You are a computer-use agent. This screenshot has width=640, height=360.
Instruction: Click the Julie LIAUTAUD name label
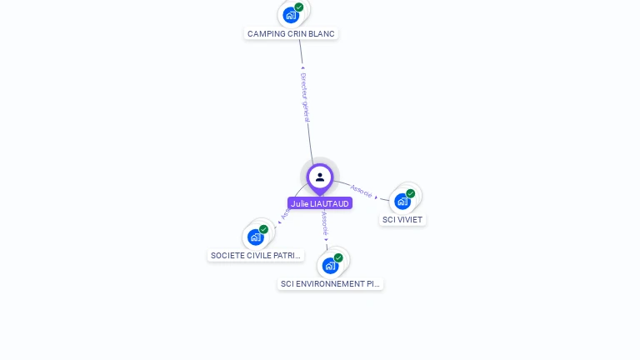[x=320, y=203]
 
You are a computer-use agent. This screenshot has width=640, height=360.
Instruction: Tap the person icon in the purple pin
[x=320, y=177]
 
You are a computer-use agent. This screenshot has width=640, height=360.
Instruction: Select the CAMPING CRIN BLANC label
[x=292, y=34]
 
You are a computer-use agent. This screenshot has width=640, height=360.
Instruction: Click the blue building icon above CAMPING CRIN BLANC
[x=290, y=14]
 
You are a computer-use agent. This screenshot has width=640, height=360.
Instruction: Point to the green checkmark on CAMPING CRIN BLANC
[x=299, y=7]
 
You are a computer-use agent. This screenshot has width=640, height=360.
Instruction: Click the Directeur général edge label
[x=305, y=97]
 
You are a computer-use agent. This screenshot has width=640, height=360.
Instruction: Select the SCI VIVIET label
[x=402, y=220]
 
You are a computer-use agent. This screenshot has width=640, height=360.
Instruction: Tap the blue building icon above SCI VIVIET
[x=402, y=201]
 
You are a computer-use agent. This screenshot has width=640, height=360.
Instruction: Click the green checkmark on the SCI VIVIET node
[x=411, y=193]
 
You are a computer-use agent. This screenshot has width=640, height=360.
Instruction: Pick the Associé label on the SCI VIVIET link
[x=362, y=191]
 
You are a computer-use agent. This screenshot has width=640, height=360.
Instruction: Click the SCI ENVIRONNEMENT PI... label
[x=330, y=284]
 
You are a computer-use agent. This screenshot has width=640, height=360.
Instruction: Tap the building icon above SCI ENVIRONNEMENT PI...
[x=330, y=266]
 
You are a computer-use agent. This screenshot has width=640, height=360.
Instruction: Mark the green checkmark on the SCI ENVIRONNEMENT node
[x=338, y=257]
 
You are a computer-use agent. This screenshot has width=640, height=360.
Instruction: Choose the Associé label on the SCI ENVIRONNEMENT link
[x=324, y=222]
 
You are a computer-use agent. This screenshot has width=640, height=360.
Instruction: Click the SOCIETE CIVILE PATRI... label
[x=255, y=256]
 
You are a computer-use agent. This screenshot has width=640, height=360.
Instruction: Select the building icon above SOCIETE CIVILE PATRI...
[x=255, y=237]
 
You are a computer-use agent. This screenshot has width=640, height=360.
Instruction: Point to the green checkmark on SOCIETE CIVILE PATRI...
[x=264, y=229]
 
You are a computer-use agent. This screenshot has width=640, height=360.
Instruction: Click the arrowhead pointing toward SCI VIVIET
[x=377, y=197]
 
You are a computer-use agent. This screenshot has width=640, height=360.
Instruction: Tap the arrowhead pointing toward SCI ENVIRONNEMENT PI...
[x=327, y=240]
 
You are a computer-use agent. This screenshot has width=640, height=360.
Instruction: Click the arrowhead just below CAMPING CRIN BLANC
[x=302, y=67]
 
